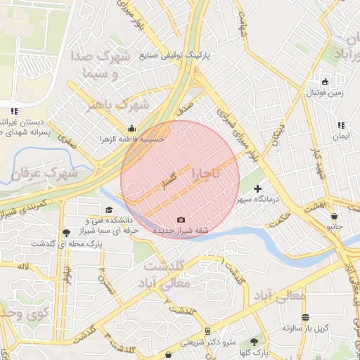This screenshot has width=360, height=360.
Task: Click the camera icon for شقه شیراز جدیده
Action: (181, 220)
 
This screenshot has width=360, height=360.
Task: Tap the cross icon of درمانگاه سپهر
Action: (258, 188)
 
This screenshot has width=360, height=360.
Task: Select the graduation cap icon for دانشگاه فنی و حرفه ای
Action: (108, 210)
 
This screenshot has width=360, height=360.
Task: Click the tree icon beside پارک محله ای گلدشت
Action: (66, 232)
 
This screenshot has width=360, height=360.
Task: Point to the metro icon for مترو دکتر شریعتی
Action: (207, 330)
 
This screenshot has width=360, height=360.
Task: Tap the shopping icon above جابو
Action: (334, 216)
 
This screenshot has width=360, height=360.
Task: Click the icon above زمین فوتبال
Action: (325, 80)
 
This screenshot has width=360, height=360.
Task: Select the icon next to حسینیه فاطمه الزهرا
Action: (132, 128)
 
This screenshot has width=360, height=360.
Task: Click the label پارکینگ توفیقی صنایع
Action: (179, 54)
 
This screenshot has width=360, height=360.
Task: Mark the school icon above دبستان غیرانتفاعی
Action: (13, 111)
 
